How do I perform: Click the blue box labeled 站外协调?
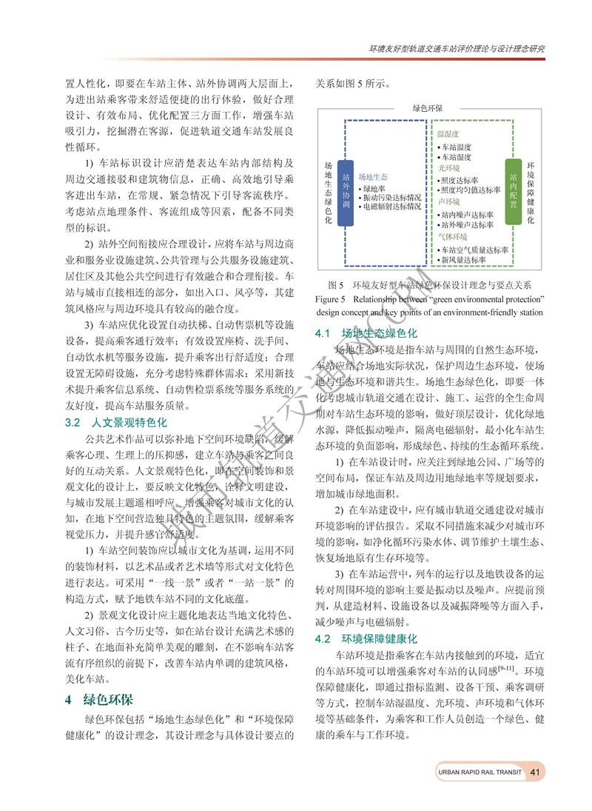[346, 192]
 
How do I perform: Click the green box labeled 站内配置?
[514, 192]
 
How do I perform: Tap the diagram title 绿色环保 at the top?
[428, 108]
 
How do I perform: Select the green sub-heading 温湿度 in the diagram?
[448, 135]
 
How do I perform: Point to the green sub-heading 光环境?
[448, 168]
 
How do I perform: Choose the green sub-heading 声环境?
[448, 201]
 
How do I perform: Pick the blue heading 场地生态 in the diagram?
[373, 178]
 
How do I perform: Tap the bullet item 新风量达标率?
[463, 260]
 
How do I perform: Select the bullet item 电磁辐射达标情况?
[389, 207]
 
